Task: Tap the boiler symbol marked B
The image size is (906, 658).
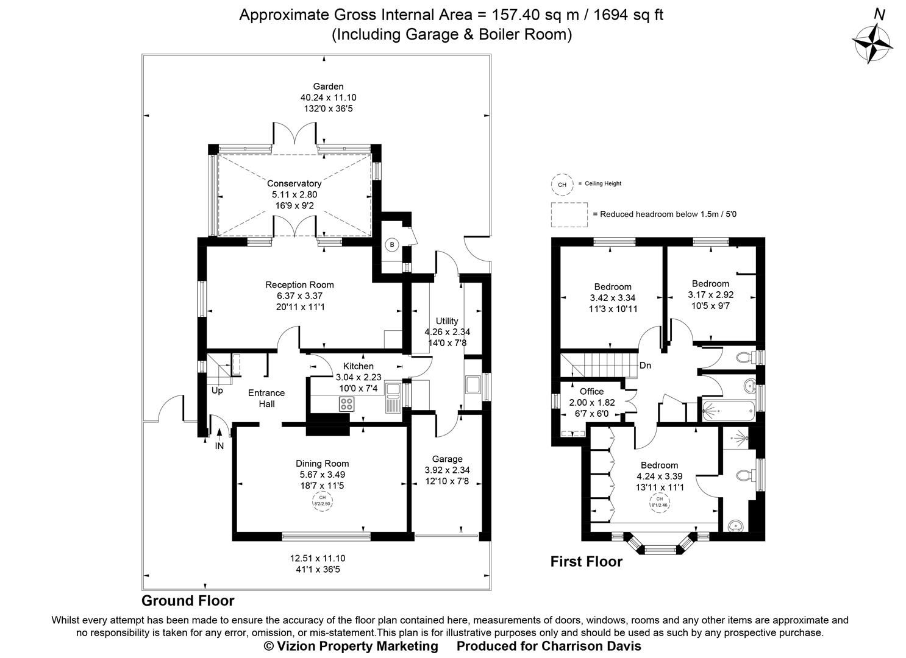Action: (x=392, y=245)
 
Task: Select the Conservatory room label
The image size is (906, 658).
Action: (x=294, y=183)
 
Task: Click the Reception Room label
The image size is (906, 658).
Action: (x=299, y=285)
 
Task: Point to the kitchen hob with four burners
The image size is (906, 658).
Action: (x=346, y=403)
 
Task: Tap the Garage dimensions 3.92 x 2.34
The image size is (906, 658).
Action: (x=447, y=470)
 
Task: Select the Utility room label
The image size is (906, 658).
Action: (x=447, y=321)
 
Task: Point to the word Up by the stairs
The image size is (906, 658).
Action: (x=217, y=391)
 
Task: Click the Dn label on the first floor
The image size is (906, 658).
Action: (x=645, y=366)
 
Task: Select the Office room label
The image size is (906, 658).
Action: (x=591, y=392)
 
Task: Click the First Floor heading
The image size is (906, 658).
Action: (x=586, y=562)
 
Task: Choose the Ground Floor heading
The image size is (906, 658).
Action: (x=188, y=601)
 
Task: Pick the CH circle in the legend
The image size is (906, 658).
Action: (x=562, y=184)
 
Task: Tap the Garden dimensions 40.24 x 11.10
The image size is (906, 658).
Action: (x=328, y=97)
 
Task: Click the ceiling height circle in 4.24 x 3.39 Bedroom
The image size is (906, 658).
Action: (x=659, y=502)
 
